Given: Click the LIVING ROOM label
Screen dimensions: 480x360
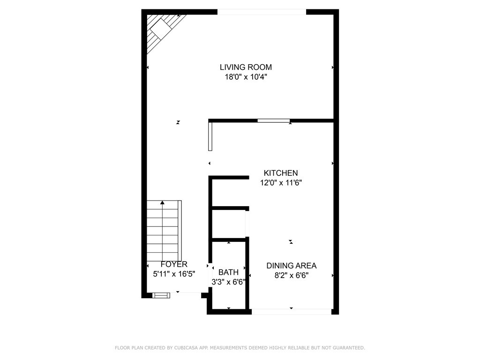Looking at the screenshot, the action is tap(246, 67).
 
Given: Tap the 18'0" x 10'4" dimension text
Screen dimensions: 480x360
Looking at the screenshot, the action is tap(246, 77).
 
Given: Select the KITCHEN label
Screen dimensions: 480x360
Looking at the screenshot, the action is tap(281, 173).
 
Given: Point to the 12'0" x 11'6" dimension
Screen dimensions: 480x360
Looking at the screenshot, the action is tap(281, 183).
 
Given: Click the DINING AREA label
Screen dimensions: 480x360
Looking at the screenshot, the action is tap(292, 266).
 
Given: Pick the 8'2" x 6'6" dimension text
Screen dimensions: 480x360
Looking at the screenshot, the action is tap(292, 276).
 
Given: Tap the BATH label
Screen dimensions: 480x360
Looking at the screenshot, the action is tap(228, 272).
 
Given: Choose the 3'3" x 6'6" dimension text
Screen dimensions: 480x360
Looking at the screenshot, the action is tap(228, 282).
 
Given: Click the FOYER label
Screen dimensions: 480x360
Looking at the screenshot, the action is tap(174, 264).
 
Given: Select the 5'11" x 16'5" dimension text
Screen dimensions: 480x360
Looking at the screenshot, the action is tap(174, 274).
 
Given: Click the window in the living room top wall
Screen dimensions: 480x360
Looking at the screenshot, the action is tap(262, 12).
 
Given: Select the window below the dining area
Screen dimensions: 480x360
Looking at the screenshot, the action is tap(291, 312).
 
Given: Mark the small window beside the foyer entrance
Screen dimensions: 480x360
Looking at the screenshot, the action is tap(161, 295).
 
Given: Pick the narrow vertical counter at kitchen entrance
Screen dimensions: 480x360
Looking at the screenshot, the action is tap(210, 136).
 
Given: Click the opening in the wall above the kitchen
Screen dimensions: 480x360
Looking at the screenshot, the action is tap(273, 120).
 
